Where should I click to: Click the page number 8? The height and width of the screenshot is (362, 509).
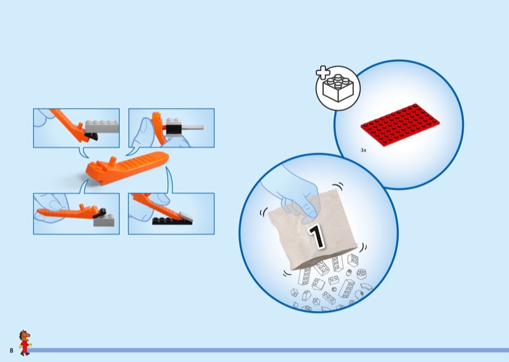pos(11,351)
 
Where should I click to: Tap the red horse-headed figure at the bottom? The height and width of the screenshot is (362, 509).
pos(25,343)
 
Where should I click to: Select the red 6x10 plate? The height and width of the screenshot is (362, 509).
pos(400,125)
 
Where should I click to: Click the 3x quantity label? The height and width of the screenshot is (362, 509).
pos(363,150)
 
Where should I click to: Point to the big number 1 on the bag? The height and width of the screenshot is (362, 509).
pos(316,236)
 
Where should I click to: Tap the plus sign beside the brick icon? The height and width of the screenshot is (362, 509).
pos(323,72)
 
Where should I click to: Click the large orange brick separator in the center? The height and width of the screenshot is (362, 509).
pos(127,168)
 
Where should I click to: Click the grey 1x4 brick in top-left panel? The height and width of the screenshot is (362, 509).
pos(102,126)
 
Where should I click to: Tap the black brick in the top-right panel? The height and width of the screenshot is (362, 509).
pos(173,130)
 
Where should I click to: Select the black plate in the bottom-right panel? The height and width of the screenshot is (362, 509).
pos(171,221)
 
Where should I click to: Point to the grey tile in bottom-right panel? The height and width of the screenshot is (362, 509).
pos(186,217)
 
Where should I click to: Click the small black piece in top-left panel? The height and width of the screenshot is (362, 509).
pos(91,136)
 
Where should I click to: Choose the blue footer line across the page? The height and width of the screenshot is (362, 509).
pos(269,351)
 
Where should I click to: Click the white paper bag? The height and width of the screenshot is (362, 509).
pos(312,231)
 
